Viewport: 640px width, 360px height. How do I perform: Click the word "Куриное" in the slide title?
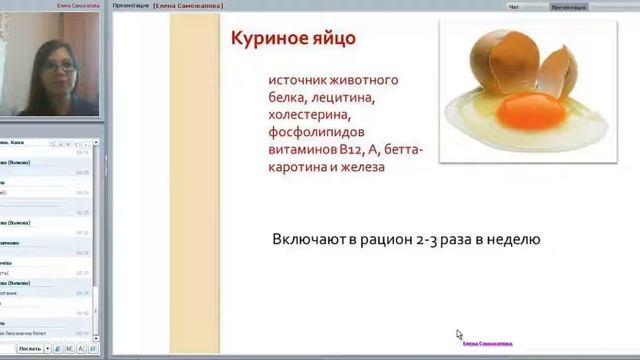click(x=267, y=40)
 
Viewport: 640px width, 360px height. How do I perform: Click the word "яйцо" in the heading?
click(x=330, y=40)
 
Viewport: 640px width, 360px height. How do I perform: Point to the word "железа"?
click(x=363, y=168)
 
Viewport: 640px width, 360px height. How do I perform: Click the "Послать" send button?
click(x=30, y=349)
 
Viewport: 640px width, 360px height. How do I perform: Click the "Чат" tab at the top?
click(x=515, y=6)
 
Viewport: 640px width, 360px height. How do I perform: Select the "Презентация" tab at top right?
click(x=569, y=6)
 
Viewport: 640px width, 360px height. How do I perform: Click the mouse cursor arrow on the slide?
click(x=459, y=335)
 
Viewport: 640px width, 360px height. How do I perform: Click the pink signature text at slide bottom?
click(x=486, y=343)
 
